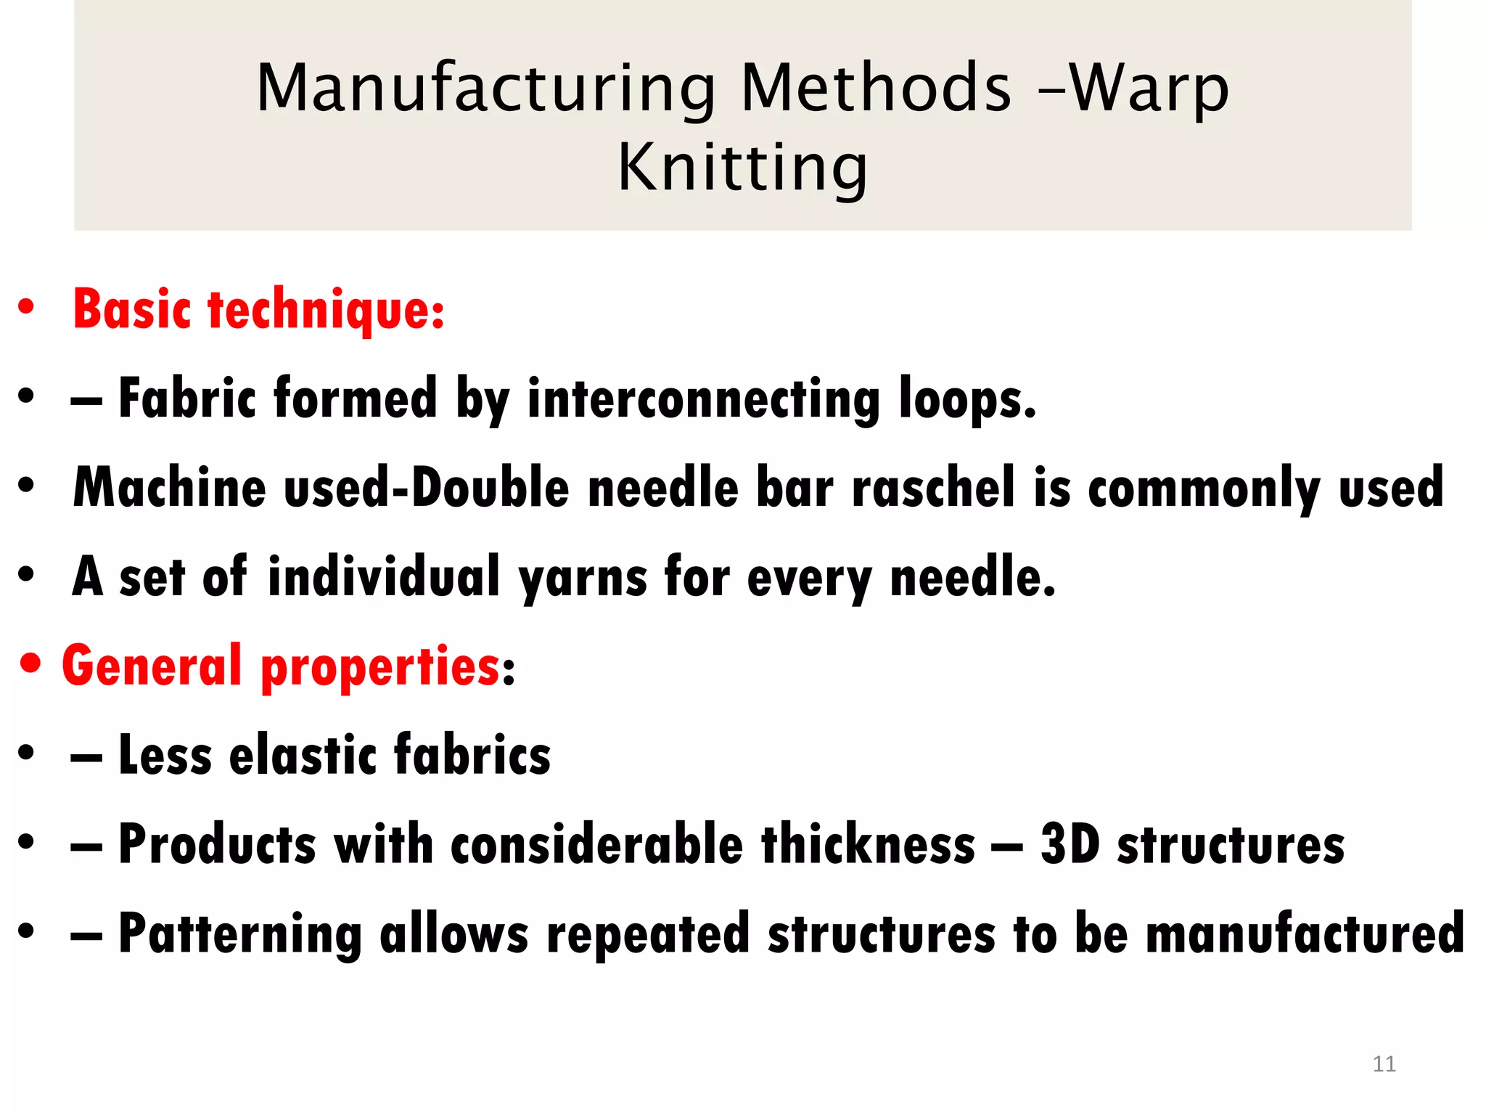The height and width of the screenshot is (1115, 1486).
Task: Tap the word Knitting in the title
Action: (742, 168)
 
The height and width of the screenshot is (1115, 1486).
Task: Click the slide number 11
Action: (1384, 1063)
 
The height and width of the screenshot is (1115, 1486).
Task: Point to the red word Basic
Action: (131, 309)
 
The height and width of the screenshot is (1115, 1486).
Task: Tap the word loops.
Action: (967, 399)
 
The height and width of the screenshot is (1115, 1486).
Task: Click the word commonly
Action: (1204, 489)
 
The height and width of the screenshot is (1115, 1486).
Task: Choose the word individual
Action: (384, 576)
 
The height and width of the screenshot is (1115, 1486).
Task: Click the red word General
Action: (152, 665)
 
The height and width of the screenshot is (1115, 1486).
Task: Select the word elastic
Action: (303, 755)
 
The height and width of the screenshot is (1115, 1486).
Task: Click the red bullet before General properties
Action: (31, 664)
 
